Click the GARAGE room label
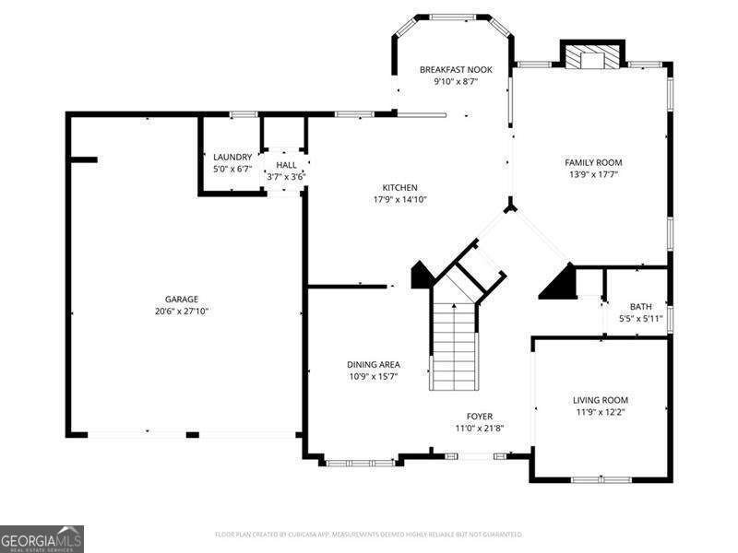pyautogui.click(x=182, y=299)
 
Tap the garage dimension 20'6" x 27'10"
pyautogui.click(x=182, y=312)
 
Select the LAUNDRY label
pyautogui.click(x=232, y=157)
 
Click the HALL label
pyautogui.click(x=286, y=165)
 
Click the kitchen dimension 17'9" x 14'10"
pyautogui.click(x=400, y=199)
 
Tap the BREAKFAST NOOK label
pyautogui.click(x=456, y=69)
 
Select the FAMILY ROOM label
pyautogui.click(x=593, y=162)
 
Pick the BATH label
pyautogui.click(x=640, y=307)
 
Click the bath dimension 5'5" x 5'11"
pyautogui.click(x=640, y=320)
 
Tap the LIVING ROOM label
pyautogui.click(x=601, y=400)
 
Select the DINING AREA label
pyautogui.click(x=374, y=364)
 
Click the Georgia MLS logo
pyautogui.click(x=42, y=538)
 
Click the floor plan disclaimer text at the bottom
pyautogui.click(x=369, y=535)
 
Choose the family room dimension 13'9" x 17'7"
pyautogui.click(x=593, y=174)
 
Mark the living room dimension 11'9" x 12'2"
pyautogui.click(x=601, y=412)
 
